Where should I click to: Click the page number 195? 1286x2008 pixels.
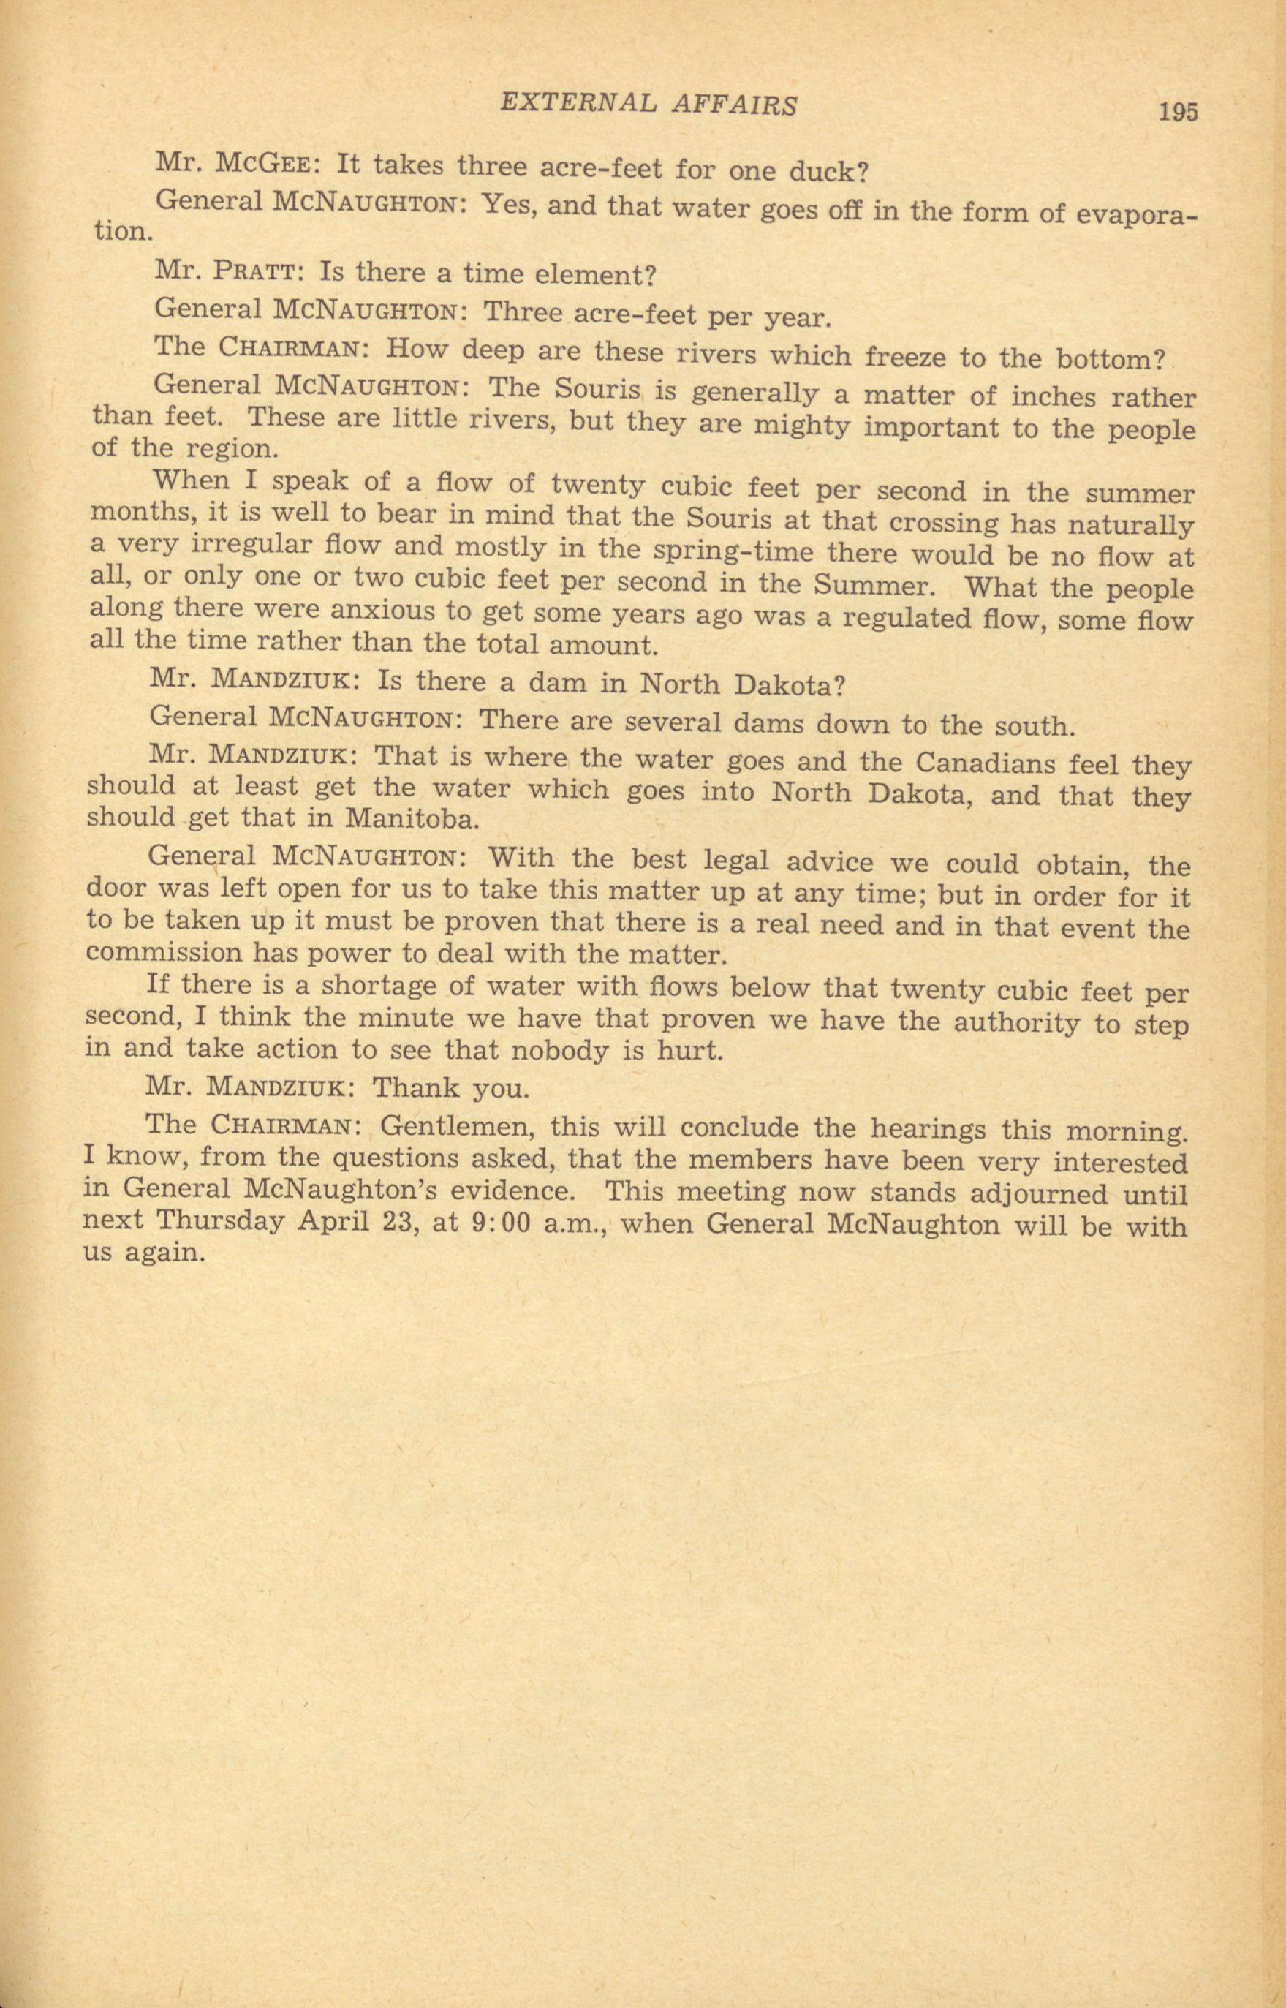pyautogui.click(x=1178, y=111)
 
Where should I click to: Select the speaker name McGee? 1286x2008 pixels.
pyautogui.click(x=263, y=163)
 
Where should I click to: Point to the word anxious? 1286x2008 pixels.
pyautogui.click(x=381, y=611)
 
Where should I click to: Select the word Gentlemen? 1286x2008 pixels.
pyautogui.click(x=458, y=1126)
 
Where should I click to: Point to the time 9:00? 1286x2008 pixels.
pyautogui.click(x=502, y=1223)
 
